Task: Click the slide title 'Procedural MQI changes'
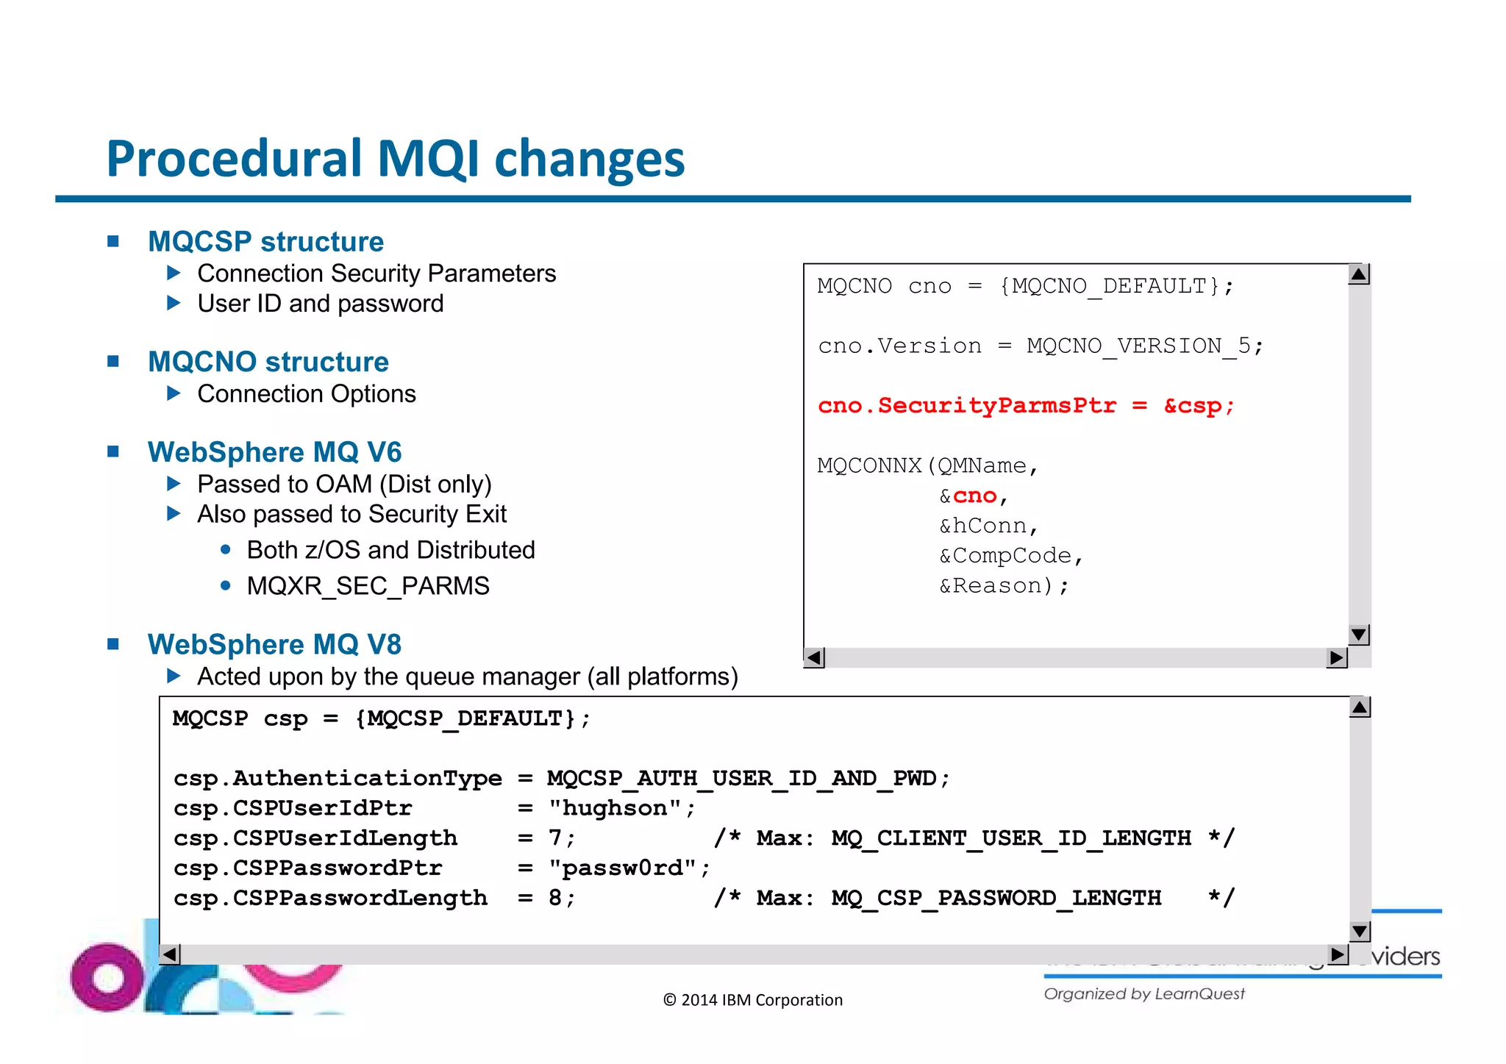pos(395,160)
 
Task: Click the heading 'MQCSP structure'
pos(265,242)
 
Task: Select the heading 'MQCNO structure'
pos(268,362)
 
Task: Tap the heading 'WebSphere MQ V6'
pos(274,452)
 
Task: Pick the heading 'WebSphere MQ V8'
pos(274,645)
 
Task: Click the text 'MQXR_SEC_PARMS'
pos(368,586)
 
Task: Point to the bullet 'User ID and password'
pos(320,304)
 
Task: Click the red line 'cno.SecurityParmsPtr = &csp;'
pos(1025,406)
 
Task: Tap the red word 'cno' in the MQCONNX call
pos(974,496)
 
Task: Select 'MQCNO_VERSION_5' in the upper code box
pos(1138,346)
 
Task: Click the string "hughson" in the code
pos(615,808)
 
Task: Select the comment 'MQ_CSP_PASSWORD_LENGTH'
pos(996,898)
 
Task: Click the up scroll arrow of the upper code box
pos(1359,275)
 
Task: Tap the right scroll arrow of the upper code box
pos(1336,657)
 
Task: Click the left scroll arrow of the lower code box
pos(170,954)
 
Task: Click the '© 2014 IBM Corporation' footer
pos(752,1000)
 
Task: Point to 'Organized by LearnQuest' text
pos(1143,994)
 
